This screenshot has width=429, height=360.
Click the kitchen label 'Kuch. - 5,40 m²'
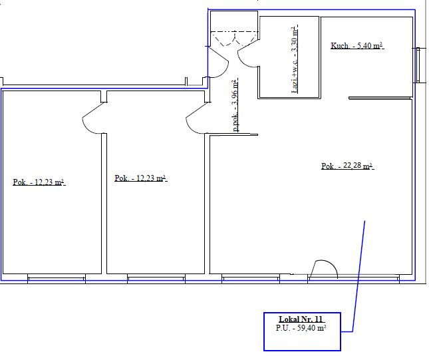357,45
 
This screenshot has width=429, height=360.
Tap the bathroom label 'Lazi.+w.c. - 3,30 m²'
295,59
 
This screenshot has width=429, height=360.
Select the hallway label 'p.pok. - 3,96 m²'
235,105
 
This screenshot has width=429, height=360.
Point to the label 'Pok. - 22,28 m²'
347,166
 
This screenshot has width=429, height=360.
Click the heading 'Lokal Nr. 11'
301,319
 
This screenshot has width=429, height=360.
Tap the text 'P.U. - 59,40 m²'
301,328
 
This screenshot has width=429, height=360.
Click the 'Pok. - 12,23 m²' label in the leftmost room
39,182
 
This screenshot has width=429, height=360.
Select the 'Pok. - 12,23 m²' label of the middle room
140,178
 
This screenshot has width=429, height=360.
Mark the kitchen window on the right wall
418,65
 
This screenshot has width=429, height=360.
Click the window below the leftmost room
57,278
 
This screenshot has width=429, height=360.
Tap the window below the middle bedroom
156,278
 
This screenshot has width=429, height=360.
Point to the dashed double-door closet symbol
235,39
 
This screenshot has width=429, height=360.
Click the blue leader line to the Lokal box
358,277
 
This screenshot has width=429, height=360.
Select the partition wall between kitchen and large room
380,98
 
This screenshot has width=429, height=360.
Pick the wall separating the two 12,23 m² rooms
104,204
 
